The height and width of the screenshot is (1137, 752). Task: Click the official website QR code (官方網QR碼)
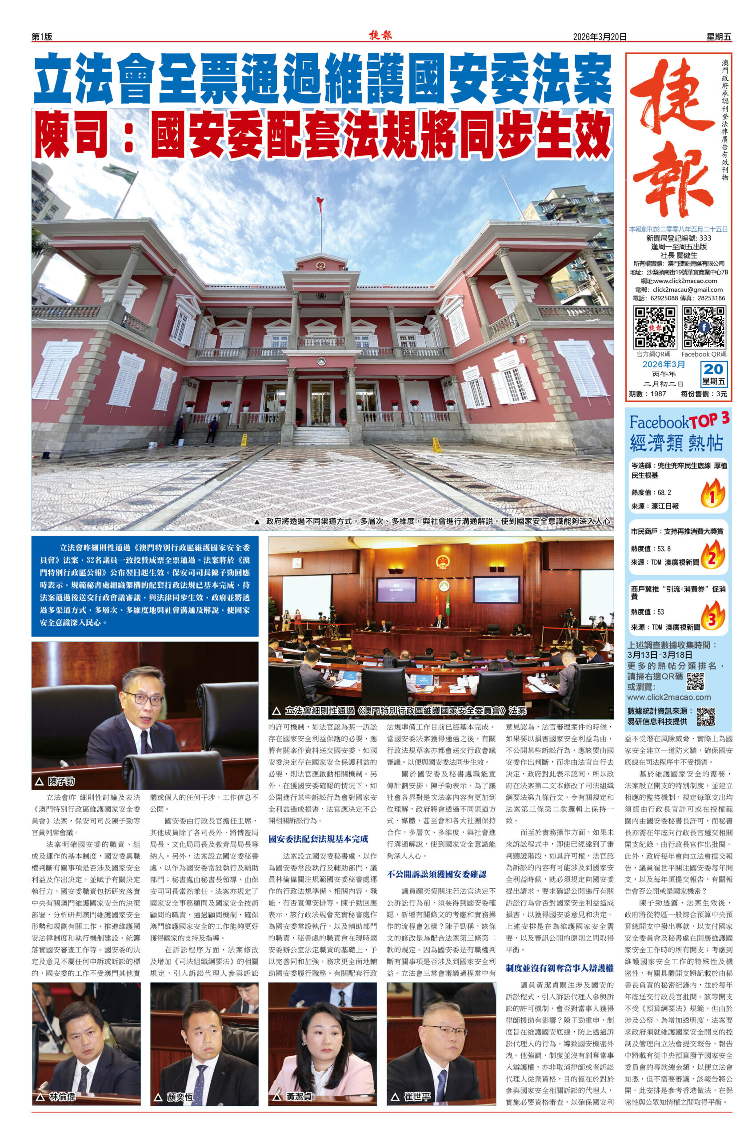point(655,327)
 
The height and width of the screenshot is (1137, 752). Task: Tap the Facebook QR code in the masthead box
point(704,327)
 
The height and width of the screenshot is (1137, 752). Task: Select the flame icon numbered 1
point(712,494)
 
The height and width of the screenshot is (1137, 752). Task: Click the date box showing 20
point(714,370)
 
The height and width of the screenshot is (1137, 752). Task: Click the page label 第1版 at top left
point(42,37)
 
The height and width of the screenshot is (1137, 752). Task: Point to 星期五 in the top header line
point(718,37)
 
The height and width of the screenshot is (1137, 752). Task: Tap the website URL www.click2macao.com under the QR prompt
point(668,697)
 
